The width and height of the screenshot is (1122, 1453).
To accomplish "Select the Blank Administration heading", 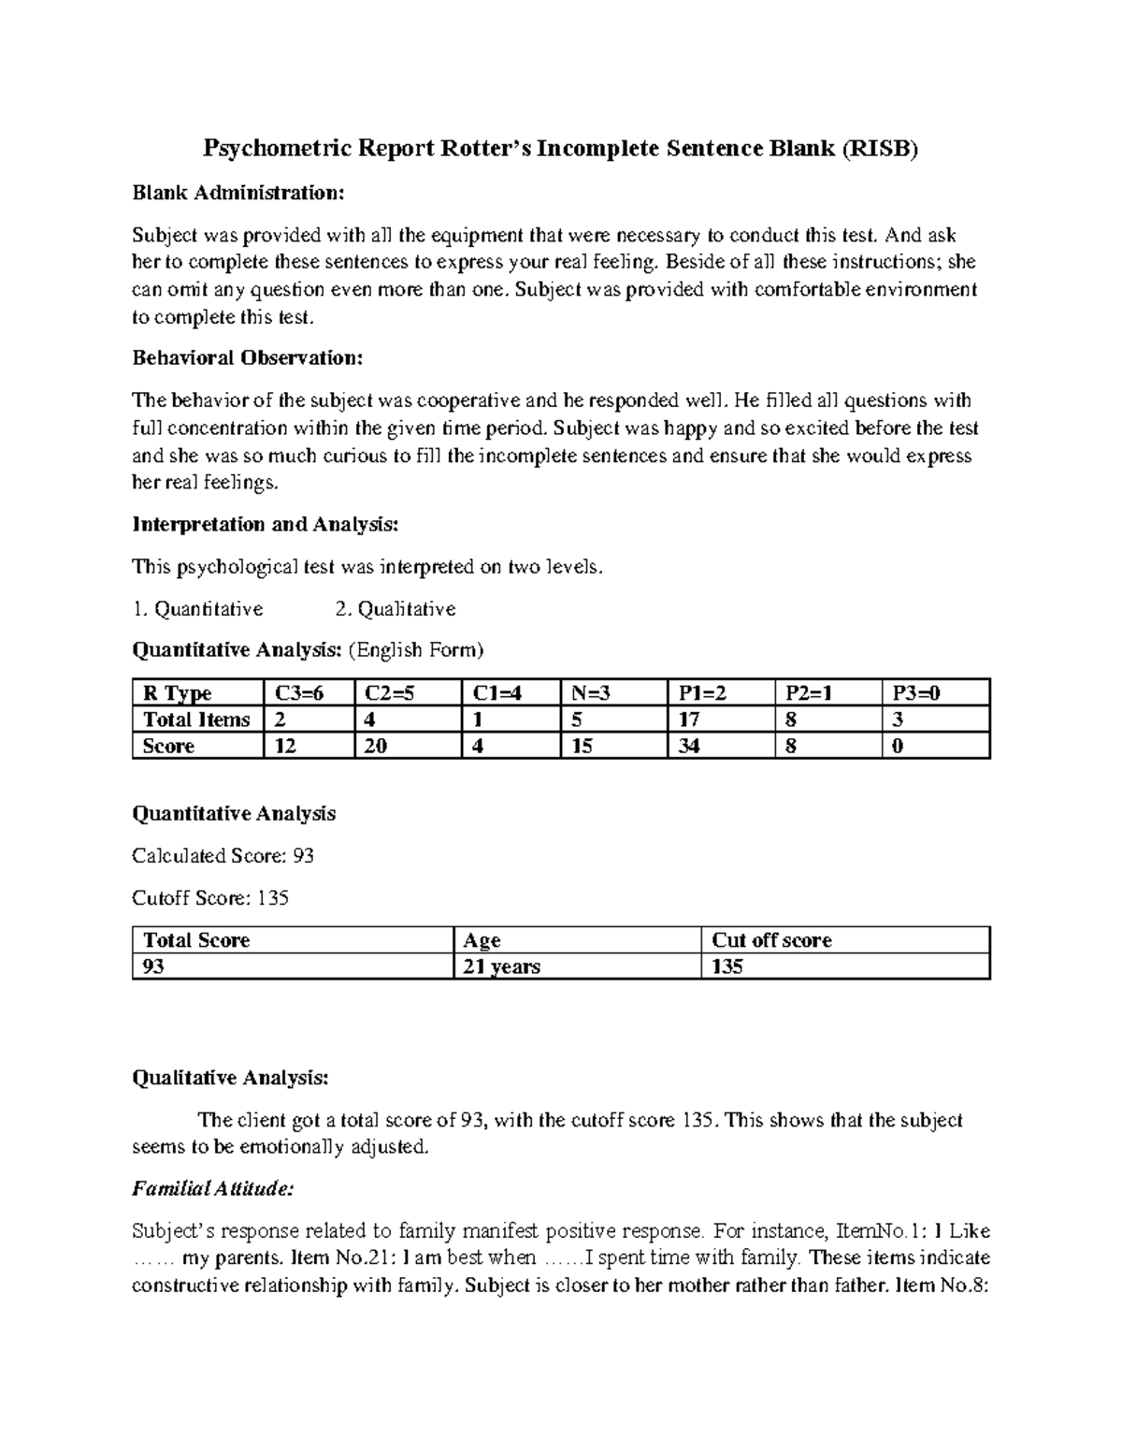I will (238, 193).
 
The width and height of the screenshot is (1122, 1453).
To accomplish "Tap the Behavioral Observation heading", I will (247, 357).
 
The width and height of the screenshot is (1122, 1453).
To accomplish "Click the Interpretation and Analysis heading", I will (266, 524).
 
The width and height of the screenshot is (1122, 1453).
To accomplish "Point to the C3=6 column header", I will (297, 693).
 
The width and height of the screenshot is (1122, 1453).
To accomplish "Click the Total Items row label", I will (196, 719).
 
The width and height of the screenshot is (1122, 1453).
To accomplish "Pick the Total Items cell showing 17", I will (689, 719).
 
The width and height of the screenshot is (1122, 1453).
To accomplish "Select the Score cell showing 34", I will (689, 746).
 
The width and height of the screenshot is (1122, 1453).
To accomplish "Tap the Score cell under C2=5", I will (376, 746).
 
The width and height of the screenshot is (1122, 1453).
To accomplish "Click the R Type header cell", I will (177, 693).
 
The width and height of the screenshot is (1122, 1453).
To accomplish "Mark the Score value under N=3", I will (582, 746).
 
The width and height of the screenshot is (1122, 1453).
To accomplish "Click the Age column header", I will (482, 940).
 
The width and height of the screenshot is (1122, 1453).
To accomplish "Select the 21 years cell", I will (502, 966).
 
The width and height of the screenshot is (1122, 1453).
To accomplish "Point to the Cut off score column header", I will (771, 940).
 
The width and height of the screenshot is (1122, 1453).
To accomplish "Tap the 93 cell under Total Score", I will (153, 966).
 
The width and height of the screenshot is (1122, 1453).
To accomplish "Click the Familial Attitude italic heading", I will (213, 1189).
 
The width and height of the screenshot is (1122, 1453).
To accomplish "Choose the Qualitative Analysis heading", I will (230, 1078).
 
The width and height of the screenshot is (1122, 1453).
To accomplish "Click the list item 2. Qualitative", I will (395, 609).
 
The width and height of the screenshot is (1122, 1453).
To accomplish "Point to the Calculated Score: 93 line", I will (223, 855).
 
